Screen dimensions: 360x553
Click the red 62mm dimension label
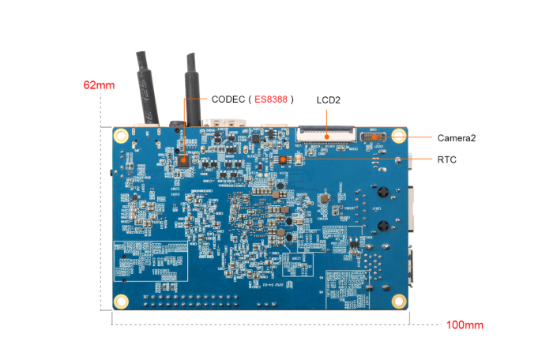point(100,84)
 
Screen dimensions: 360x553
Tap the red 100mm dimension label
point(465,324)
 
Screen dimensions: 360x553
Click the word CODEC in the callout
point(228,100)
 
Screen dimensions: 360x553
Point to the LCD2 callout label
point(327,100)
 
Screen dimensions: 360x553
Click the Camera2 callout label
point(457,137)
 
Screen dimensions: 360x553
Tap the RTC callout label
point(446,159)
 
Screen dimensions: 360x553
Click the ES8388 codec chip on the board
point(183,159)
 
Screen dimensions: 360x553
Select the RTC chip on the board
point(281,159)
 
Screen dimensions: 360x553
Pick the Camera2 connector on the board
point(371,137)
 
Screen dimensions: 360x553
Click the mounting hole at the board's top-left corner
point(122,136)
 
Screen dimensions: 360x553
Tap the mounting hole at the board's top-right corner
point(399,136)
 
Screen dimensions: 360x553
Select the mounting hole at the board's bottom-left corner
point(121,301)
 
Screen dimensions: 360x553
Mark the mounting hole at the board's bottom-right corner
point(400,300)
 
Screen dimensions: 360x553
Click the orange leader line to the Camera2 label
point(419,137)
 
